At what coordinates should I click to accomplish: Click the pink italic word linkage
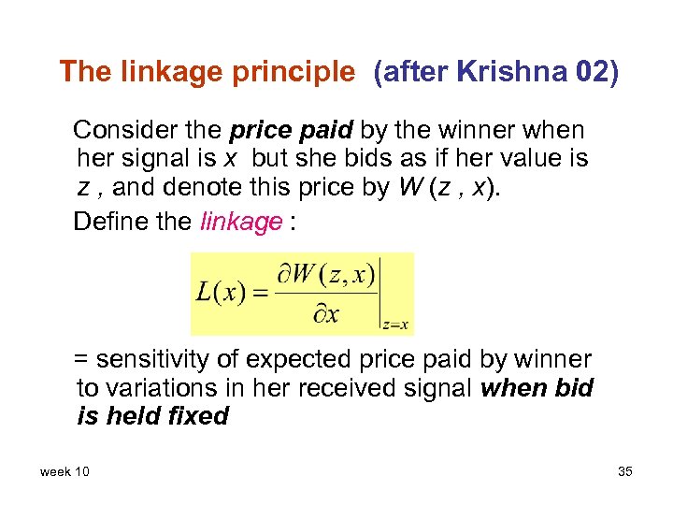(x=241, y=222)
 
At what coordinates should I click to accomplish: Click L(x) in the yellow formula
(x=221, y=291)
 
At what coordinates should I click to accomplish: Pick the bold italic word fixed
(x=199, y=416)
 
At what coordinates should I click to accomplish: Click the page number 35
(x=625, y=471)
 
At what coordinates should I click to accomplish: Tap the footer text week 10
(x=64, y=471)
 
